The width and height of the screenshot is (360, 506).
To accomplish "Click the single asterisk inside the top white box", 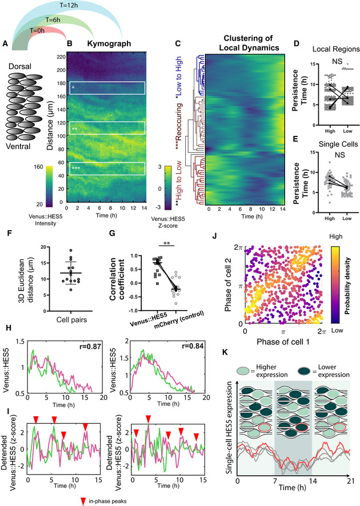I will [x=73, y=87].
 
